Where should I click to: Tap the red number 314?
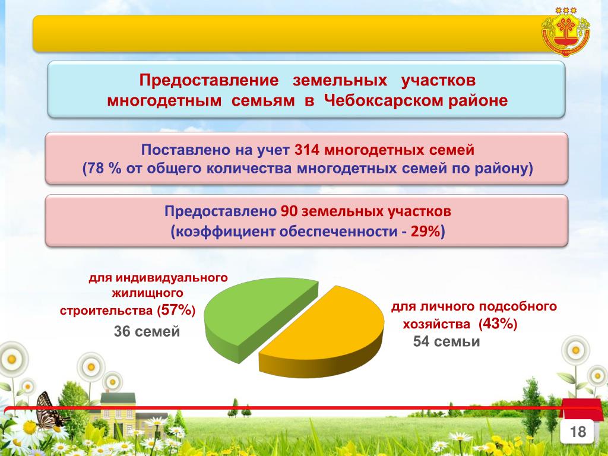tap(307, 150)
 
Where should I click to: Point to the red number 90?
tap(289, 212)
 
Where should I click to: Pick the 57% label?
tap(176, 310)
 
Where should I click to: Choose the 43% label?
tap(498, 324)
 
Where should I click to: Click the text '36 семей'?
tap(147, 331)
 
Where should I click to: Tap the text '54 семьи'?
tap(446, 341)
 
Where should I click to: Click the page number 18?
tap(577, 432)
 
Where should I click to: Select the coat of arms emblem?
tap(566, 32)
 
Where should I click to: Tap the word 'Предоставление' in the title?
tap(209, 80)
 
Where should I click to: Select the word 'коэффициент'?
tap(226, 232)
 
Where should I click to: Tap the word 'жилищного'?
tap(147, 293)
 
